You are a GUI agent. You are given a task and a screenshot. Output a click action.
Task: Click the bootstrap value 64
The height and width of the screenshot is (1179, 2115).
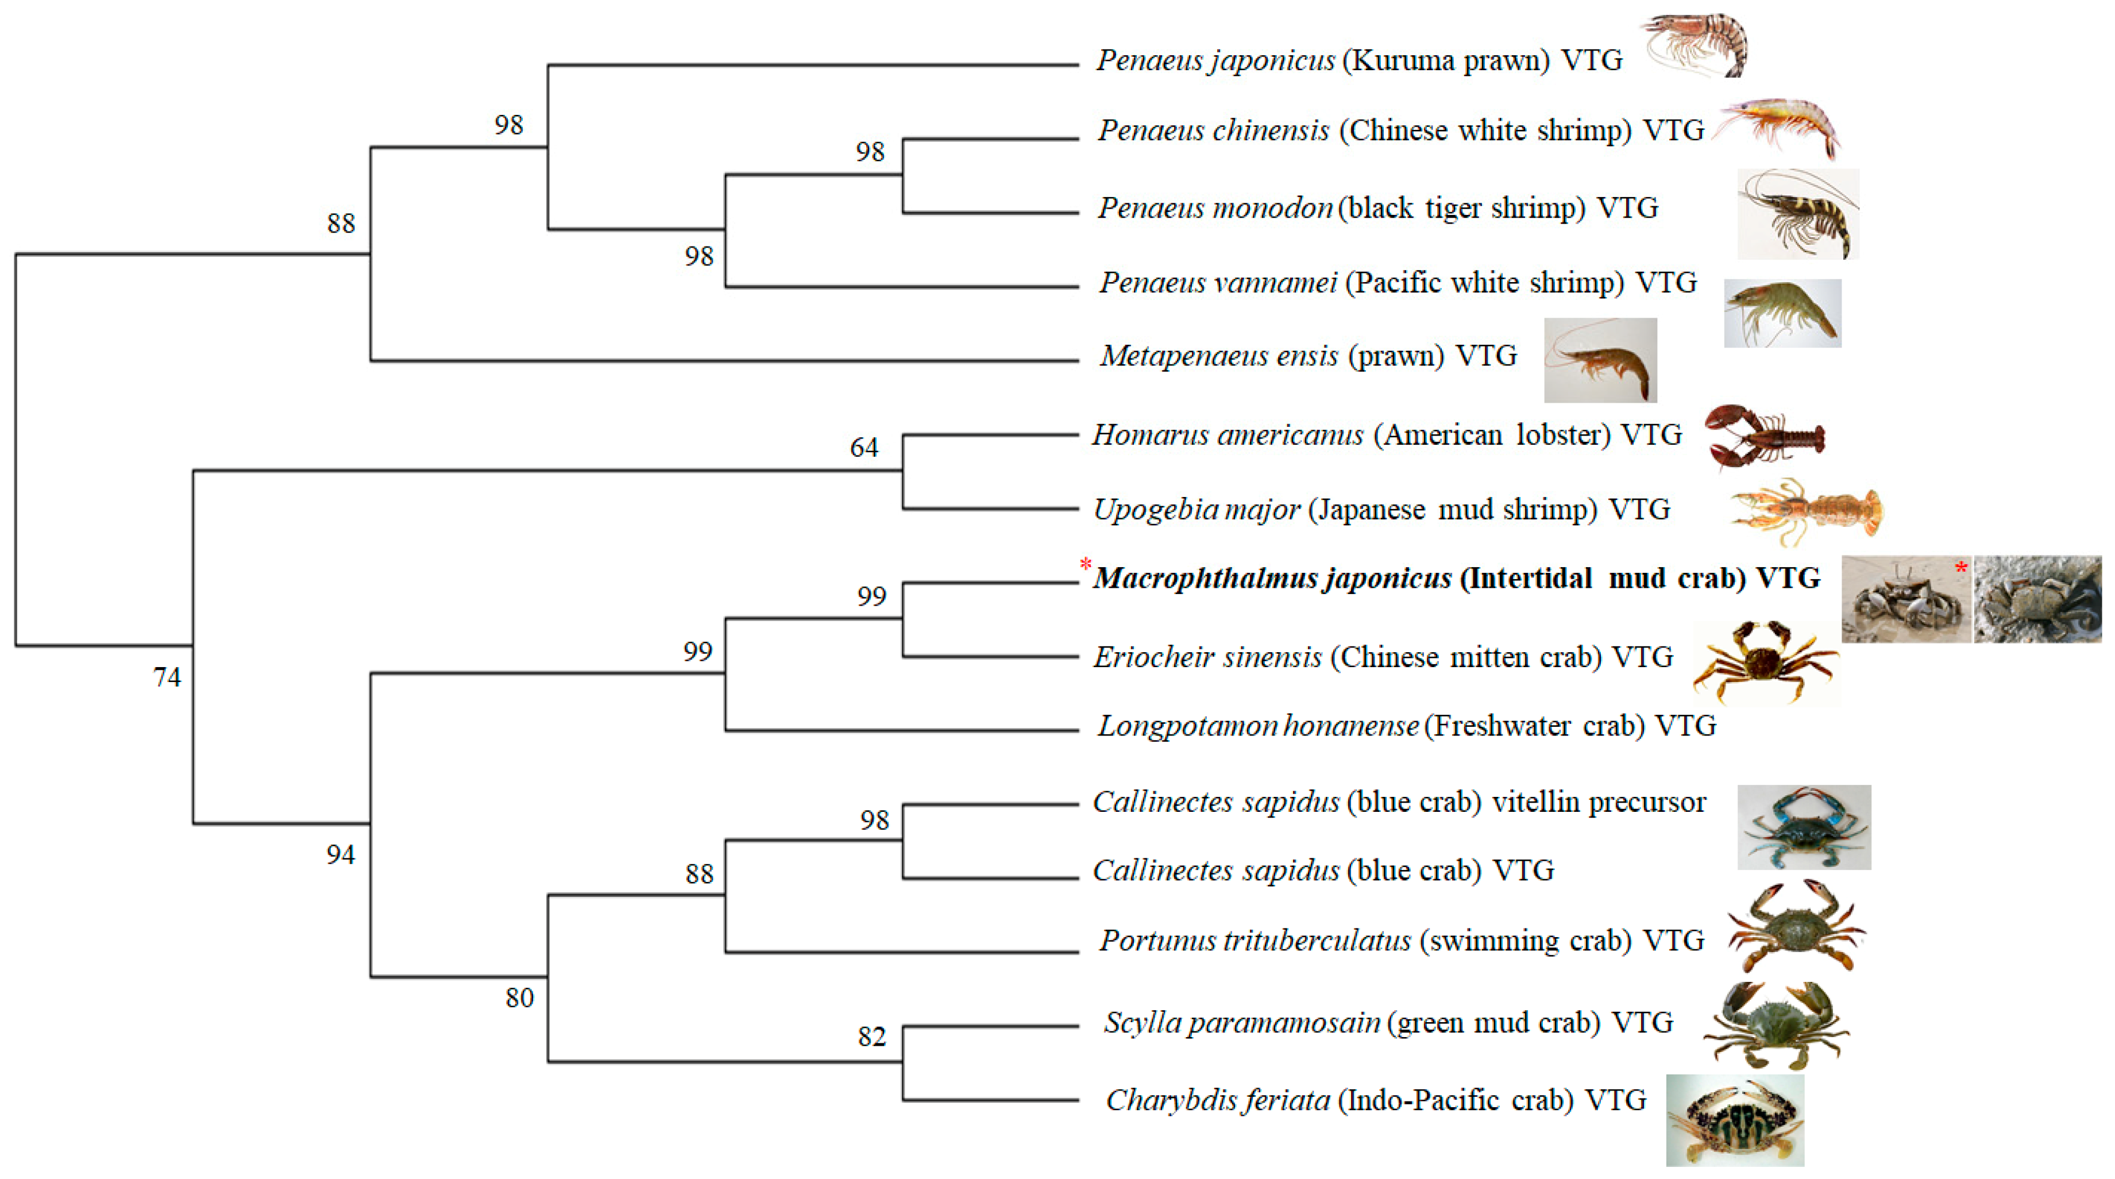[x=864, y=448]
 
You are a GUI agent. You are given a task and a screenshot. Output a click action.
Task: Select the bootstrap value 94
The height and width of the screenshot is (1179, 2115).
[x=341, y=856]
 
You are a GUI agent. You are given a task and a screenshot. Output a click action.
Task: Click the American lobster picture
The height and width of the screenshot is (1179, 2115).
[x=1763, y=435]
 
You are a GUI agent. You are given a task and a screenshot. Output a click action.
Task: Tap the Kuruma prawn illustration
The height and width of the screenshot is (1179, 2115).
[x=1695, y=45]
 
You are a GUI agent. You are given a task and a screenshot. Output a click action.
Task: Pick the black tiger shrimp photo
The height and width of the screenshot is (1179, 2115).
[x=1798, y=214]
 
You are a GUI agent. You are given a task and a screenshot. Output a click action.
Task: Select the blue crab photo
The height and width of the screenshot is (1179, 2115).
[x=1804, y=827]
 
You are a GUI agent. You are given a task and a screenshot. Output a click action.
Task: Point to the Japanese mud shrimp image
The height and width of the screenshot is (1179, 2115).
[x=1807, y=511]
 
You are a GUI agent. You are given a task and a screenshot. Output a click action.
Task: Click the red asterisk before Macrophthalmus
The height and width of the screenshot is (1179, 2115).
[x=1086, y=565]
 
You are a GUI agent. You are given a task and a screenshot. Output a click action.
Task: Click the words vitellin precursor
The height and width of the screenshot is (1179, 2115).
[x=1599, y=802]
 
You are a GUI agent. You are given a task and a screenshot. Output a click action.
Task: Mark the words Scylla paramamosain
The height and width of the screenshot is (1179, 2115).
[x=1241, y=1023]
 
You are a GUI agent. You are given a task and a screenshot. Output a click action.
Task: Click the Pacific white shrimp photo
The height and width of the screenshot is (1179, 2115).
[x=1782, y=313]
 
